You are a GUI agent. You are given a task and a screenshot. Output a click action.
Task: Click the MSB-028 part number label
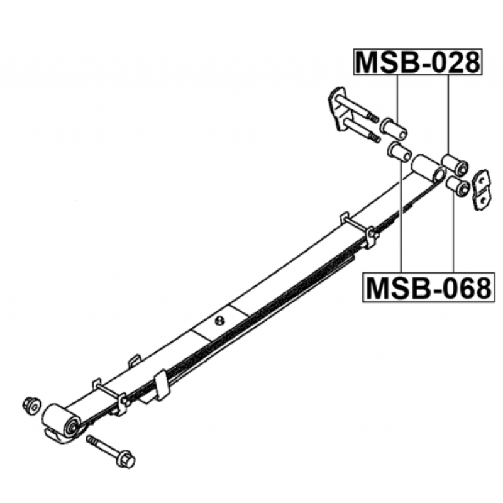click(x=417, y=62)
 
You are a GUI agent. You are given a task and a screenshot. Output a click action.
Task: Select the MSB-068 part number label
click(x=429, y=287)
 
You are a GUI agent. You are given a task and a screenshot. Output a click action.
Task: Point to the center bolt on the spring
click(x=219, y=320)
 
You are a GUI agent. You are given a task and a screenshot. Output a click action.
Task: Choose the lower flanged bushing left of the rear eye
click(x=400, y=152)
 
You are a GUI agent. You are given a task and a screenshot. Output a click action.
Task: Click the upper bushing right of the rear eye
click(x=455, y=164)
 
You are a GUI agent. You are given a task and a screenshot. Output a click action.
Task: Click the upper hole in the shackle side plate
click(x=480, y=180)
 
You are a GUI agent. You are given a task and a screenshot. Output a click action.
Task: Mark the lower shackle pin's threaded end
click(x=374, y=138)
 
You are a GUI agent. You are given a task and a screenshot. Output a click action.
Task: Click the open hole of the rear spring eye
click(x=438, y=175)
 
